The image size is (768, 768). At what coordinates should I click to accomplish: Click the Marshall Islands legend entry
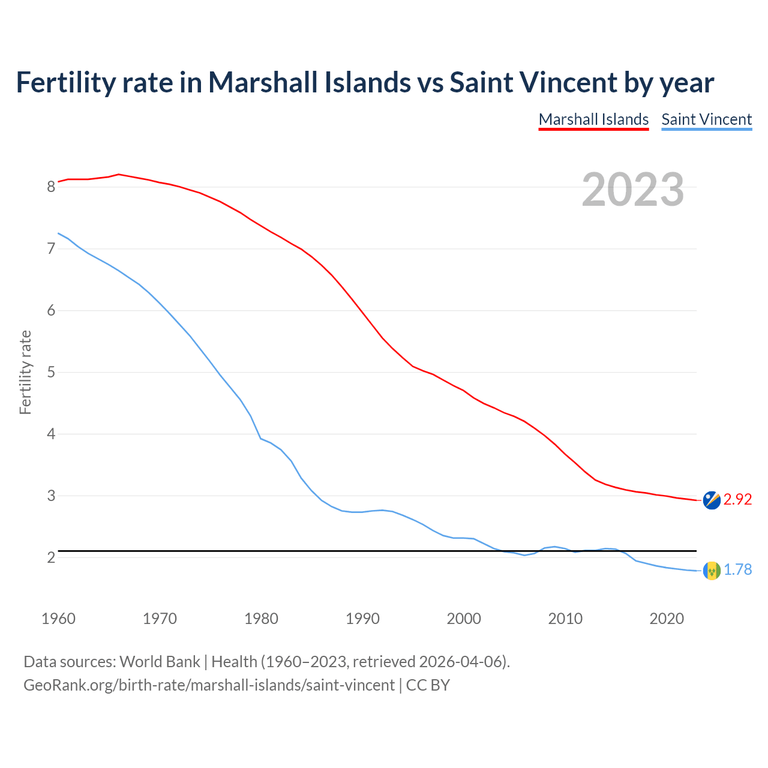[x=593, y=119]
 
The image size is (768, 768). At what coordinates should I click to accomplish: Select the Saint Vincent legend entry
[x=706, y=119]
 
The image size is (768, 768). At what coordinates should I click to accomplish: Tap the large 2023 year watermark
[x=632, y=190]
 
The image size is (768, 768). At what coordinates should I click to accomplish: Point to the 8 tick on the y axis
[x=51, y=187]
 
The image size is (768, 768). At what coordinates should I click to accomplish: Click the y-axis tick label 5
[x=51, y=372]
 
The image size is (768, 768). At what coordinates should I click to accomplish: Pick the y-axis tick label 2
[x=51, y=557]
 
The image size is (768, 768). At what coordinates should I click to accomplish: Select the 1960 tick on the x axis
[x=58, y=619]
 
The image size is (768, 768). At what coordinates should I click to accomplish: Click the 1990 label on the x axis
[x=362, y=619]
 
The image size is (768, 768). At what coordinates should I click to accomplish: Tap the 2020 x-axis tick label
[x=667, y=619]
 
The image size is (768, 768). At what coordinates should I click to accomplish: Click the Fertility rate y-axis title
[x=25, y=372]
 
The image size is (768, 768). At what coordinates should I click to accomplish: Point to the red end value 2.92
[x=737, y=499]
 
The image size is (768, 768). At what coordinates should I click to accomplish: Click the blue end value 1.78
[x=737, y=569]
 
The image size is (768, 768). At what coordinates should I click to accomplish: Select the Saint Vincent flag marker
[x=712, y=571]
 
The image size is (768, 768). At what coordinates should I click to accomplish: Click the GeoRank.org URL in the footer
[x=209, y=685]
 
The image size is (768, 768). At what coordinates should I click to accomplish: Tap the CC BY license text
[x=428, y=685]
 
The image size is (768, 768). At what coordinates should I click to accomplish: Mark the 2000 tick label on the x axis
[x=464, y=619]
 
